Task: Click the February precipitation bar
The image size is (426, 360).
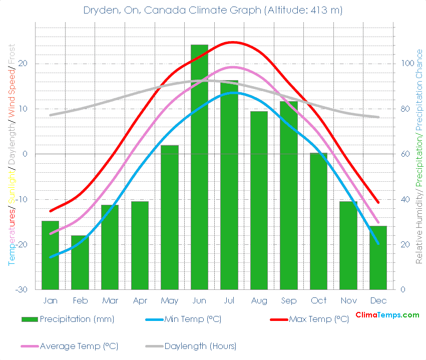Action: pyautogui.click(x=80, y=262)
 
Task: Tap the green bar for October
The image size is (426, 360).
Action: pyautogui.click(x=318, y=221)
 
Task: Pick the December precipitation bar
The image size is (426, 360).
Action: pyautogui.click(x=378, y=257)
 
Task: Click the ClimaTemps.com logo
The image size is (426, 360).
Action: pyautogui.click(x=387, y=315)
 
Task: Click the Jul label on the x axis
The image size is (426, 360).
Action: pyautogui.click(x=229, y=301)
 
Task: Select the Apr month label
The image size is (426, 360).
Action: pyautogui.click(x=140, y=301)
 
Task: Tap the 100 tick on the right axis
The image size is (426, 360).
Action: pyautogui.click(x=404, y=64)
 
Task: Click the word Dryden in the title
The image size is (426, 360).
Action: pyautogui.click(x=99, y=10)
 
